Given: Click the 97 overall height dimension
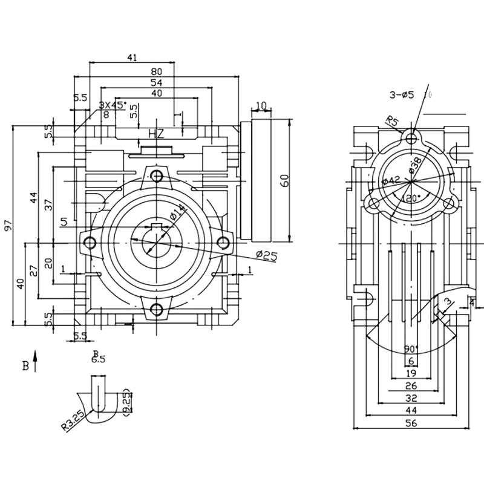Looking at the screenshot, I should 8,225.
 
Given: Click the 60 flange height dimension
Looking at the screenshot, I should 286,180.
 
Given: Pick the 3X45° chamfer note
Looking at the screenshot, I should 113,105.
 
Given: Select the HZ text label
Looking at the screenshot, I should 156,133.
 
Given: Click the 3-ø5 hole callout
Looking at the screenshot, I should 402,94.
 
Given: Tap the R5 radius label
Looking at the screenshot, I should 391,123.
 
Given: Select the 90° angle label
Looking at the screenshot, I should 411,349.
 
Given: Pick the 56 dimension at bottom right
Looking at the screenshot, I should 411,424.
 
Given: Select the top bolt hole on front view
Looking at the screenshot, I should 157,176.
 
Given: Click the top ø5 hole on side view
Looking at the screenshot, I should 411,139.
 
